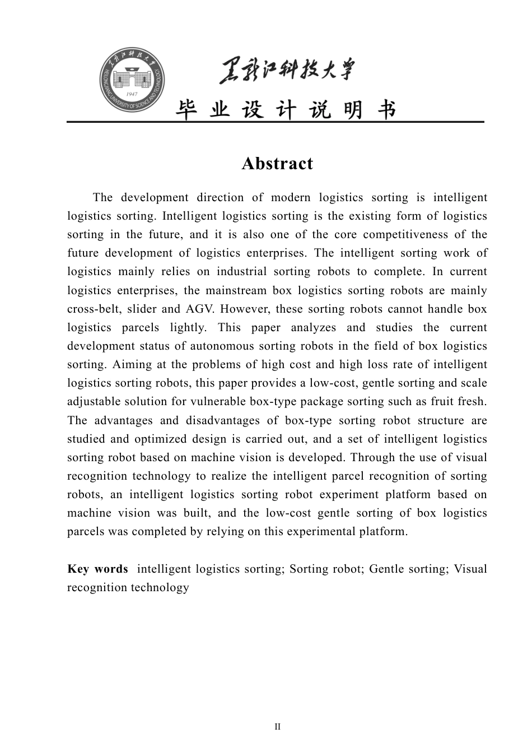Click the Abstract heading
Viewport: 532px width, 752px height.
point(277,164)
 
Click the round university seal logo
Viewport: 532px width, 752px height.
point(133,80)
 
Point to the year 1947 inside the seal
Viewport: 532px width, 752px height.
point(133,94)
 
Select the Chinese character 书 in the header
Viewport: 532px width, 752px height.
point(386,110)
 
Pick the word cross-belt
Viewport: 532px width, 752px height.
point(93,309)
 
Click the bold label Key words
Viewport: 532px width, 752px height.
point(97,569)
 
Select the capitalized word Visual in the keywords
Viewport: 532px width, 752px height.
point(470,569)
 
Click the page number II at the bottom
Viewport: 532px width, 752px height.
point(277,727)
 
